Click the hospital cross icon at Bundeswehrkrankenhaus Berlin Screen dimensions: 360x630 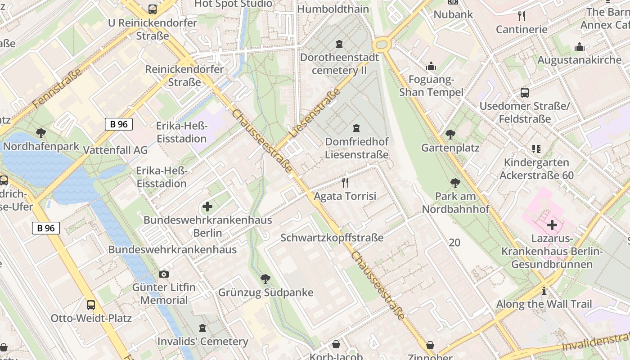click(x=207, y=207)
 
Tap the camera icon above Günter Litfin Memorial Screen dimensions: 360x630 click(x=164, y=274)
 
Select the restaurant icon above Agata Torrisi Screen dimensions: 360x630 click(x=345, y=182)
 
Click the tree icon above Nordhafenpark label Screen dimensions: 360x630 click(x=41, y=133)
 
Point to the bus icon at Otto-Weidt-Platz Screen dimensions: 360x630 click(x=91, y=305)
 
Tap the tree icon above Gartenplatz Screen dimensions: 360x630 click(x=450, y=134)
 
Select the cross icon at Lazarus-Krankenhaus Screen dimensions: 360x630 click(x=552, y=225)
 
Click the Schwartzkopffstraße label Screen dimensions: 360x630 click(x=332, y=238)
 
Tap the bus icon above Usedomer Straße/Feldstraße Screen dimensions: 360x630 click(x=525, y=93)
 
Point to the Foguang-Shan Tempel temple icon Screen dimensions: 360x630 click(x=431, y=67)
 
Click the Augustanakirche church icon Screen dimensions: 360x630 click(x=579, y=47)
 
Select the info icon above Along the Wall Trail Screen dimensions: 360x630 click(x=544, y=291)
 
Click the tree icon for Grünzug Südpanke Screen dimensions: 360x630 click(x=265, y=279)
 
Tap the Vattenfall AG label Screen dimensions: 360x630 click(x=116, y=150)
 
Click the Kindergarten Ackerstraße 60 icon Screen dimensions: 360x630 click(x=536, y=148)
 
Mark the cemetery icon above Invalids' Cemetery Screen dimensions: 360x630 click(x=202, y=328)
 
